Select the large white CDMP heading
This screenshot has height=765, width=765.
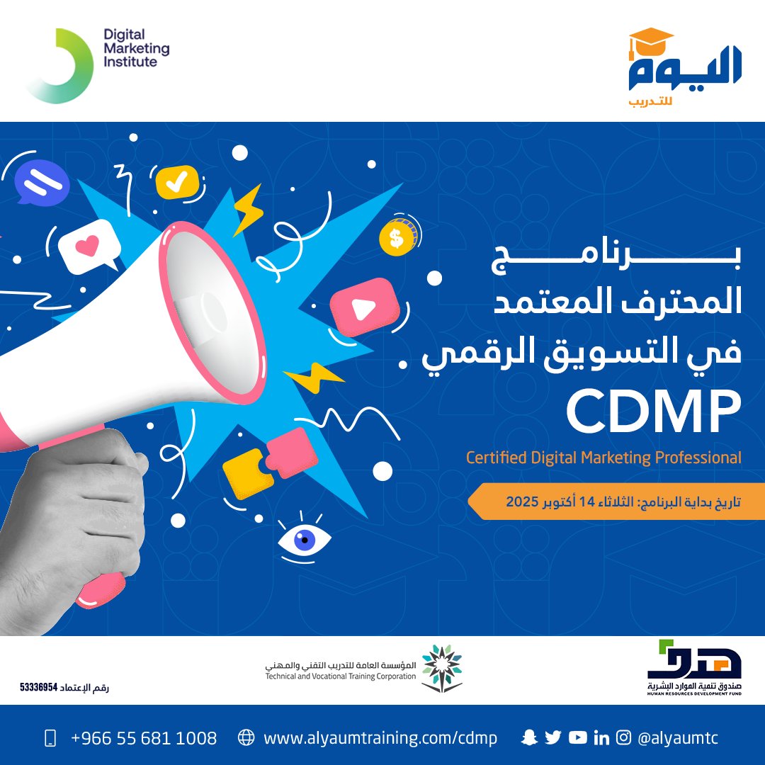click(x=652, y=414)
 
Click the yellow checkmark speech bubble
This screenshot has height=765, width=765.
click(x=178, y=182)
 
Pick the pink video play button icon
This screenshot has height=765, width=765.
click(x=362, y=306)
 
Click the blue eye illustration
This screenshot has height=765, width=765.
click(x=305, y=540)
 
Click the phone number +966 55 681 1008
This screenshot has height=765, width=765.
click(x=144, y=738)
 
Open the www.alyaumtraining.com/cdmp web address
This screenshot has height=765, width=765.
click(x=380, y=738)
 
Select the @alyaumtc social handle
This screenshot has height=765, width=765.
click(x=678, y=738)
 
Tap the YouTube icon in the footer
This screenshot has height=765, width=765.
click(x=578, y=737)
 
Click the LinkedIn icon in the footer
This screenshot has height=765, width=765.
click(x=601, y=738)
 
